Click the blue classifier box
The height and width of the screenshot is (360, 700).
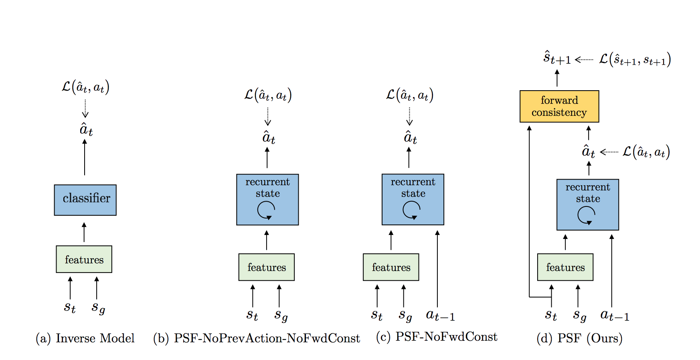(85, 200)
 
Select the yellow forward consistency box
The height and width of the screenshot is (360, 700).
(559, 106)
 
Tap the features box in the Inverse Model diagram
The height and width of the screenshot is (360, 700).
(84, 259)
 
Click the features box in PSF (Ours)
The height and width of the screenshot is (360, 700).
(565, 267)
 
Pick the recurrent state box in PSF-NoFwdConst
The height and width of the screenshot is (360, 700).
(413, 199)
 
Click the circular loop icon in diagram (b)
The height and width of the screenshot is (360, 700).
(266, 210)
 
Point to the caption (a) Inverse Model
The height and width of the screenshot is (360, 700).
(85, 338)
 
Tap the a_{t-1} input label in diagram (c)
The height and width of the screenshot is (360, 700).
(440, 316)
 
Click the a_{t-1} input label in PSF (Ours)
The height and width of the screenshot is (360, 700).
(614, 316)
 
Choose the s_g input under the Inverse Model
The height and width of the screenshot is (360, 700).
(98, 308)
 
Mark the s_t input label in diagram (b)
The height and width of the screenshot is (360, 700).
(252, 315)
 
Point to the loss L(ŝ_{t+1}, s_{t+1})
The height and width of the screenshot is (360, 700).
(635, 59)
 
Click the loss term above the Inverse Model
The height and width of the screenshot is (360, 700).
(85, 87)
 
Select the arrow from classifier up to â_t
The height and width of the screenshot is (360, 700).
(85, 157)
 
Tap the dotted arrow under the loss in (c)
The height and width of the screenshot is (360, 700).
(409, 116)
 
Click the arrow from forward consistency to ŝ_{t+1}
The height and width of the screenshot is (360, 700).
(557, 78)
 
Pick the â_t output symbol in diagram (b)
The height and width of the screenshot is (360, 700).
(268, 138)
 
